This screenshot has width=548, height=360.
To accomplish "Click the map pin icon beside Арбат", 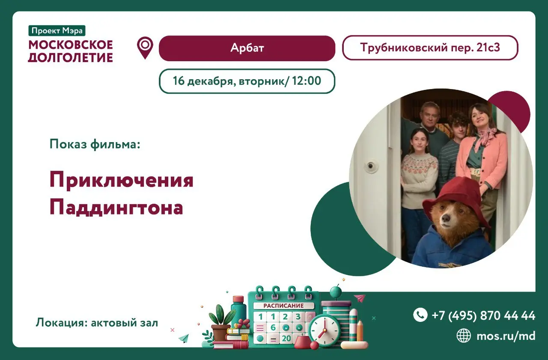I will [145, 47].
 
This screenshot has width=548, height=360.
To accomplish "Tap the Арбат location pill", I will [247, 48].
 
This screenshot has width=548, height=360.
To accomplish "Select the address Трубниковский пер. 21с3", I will [430, 48].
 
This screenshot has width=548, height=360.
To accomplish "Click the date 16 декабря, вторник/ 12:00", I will [247, 81].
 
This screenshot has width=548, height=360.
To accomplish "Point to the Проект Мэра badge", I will [57, 31].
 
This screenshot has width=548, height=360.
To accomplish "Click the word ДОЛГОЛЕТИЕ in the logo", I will [71, 57].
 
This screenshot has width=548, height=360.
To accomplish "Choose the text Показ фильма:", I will [95, 144].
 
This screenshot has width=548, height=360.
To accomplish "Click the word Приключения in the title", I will [122, 180].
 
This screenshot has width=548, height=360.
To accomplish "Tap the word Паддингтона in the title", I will [116, 208].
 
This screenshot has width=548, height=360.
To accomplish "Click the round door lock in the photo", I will [371, 166].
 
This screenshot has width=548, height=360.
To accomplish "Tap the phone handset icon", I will [420, 315].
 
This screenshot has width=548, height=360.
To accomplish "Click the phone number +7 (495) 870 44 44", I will [483, 315].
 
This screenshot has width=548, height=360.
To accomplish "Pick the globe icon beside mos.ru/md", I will [464, 336].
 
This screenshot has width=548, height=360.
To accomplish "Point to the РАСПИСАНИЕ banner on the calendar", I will [283, 306].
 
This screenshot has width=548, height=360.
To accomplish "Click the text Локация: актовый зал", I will [97, 323].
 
